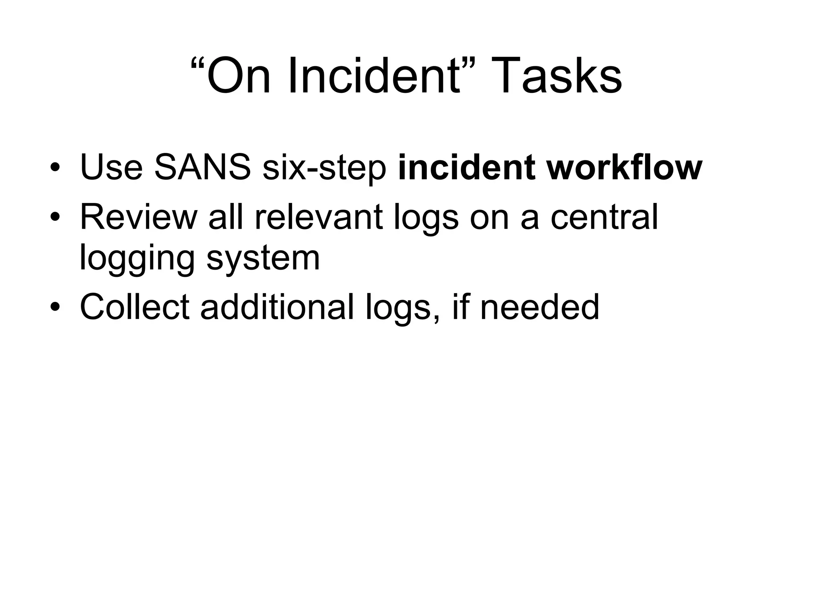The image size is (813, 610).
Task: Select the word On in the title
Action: click(x=238, y=75)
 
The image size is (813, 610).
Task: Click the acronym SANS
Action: click(x=202, y=167)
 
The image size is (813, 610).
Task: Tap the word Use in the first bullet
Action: click(x=111, y=167)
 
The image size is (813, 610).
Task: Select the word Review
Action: click(x=139, y=217)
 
